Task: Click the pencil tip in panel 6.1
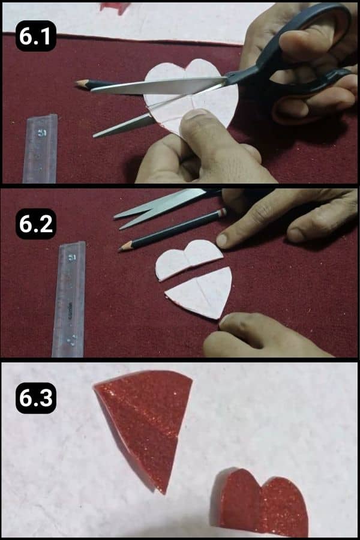coord(79,83)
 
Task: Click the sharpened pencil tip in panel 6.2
coord(122,247)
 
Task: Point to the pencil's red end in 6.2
coord(223,212)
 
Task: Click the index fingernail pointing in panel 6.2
coord(222,240)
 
